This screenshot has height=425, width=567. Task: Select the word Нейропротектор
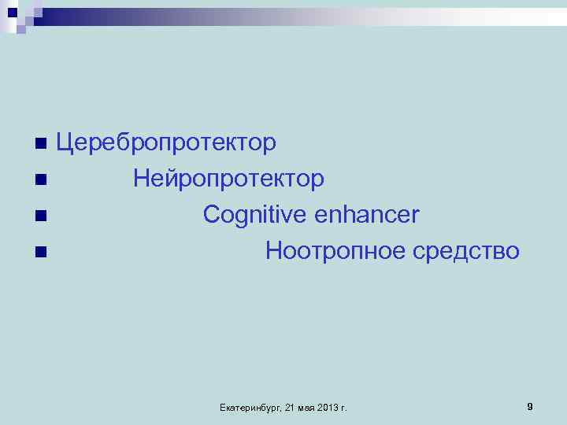pyautogui.click(x=228, y=179)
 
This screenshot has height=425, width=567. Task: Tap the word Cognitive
pyautogui.click(x=254, y=216)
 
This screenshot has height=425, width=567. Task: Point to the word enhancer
pyautogui.click(x=367, y=216)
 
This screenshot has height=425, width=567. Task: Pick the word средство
pyautogui.click(x=466, y=252)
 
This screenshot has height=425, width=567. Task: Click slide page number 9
pyautogui.click(x=530, y=406)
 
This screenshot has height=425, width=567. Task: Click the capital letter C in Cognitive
pyautogui.click(x=210, y=215)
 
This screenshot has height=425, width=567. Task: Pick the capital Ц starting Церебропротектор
pyautogui.click(x=65, y=143)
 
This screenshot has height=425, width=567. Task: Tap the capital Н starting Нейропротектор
pyautogui.click(x=142, y=179)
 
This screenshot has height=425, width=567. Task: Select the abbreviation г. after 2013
pyautogui.click(x=345, y=407)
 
